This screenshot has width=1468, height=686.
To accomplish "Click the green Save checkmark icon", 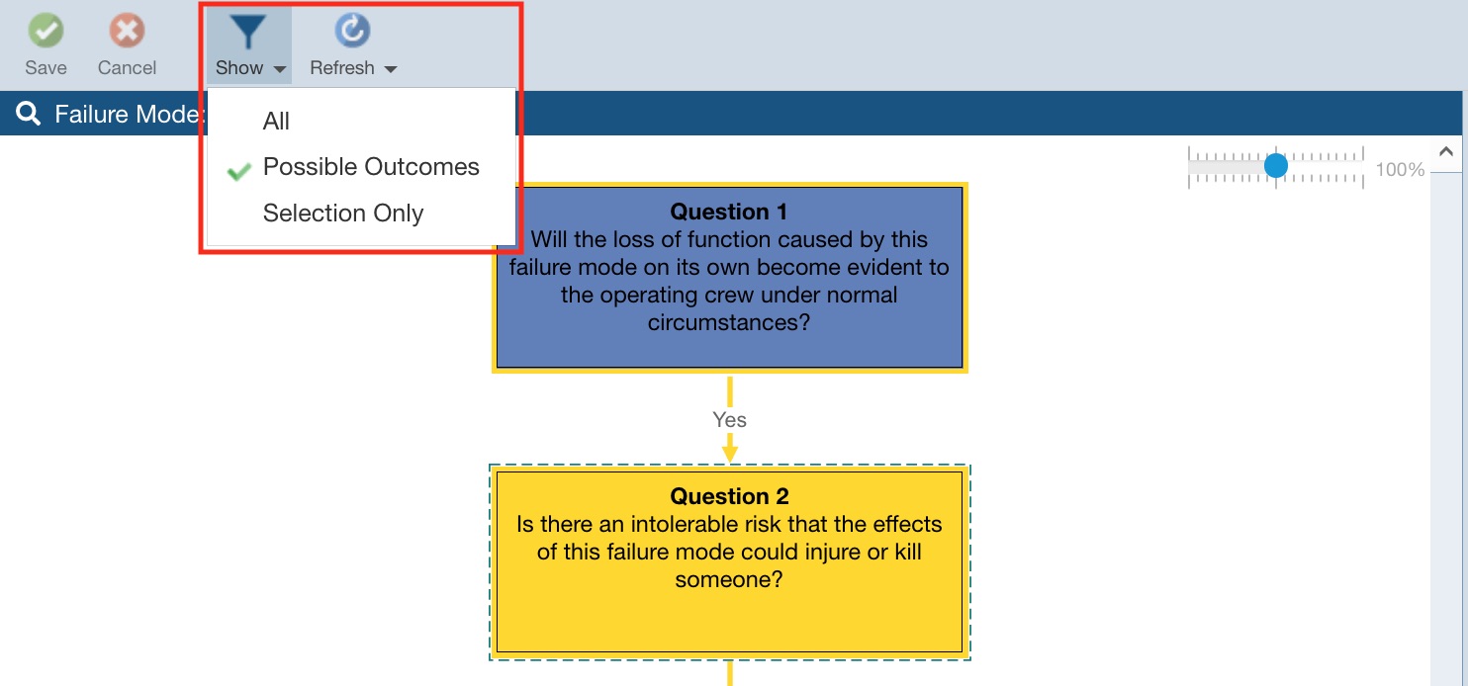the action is point(46,30).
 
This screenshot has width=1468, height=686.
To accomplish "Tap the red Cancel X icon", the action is point(127,30).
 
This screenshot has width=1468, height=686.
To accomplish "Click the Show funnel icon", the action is point(247,32).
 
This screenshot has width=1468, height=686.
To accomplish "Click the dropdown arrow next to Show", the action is point(280,69).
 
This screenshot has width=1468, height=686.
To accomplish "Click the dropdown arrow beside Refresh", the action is point(391,69).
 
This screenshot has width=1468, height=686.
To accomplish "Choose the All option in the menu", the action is point(276,122).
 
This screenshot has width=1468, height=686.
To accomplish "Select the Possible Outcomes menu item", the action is point(371,167).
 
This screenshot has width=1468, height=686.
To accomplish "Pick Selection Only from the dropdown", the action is point(342,214).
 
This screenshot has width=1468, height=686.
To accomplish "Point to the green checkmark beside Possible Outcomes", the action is point(238,171).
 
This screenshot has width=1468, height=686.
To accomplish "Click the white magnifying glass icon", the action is point(28,114).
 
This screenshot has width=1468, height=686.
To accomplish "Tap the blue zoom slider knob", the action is point(1276,166).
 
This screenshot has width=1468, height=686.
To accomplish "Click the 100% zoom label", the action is point(1400,170).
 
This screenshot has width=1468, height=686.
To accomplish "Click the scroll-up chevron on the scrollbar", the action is point(1446,152).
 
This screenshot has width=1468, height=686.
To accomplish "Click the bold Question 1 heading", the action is point(729,212).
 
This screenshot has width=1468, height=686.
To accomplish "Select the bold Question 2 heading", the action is point(729,496).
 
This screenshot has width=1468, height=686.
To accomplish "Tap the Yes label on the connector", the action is point(729,419).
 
